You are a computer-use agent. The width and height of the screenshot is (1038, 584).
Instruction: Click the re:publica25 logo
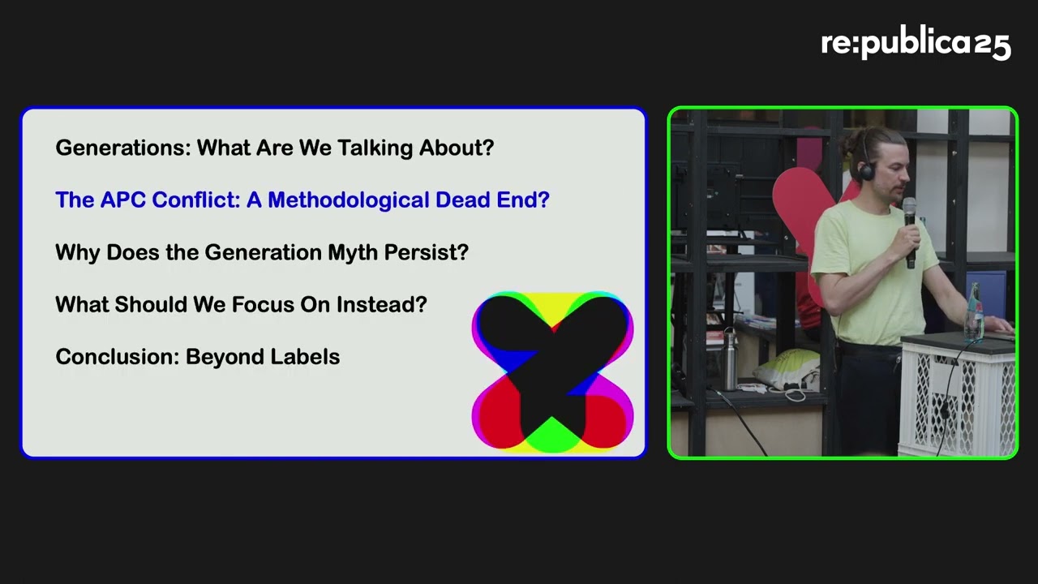(916, 45)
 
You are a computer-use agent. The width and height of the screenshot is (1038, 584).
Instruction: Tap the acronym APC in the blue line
(122, 200)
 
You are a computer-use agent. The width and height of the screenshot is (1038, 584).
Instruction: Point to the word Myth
(353, 253)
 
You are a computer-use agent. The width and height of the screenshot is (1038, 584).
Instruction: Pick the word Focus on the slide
(263, 304)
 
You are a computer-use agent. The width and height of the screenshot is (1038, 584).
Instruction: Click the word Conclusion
(118, 357)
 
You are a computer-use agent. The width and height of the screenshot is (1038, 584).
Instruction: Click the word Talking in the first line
(375, 148)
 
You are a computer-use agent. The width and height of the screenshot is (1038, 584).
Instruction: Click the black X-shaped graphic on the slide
(552, 371)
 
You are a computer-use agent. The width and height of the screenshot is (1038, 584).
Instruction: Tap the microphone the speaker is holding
(910, 232)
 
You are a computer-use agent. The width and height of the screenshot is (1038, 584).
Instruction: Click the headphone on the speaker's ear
(865, 171)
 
